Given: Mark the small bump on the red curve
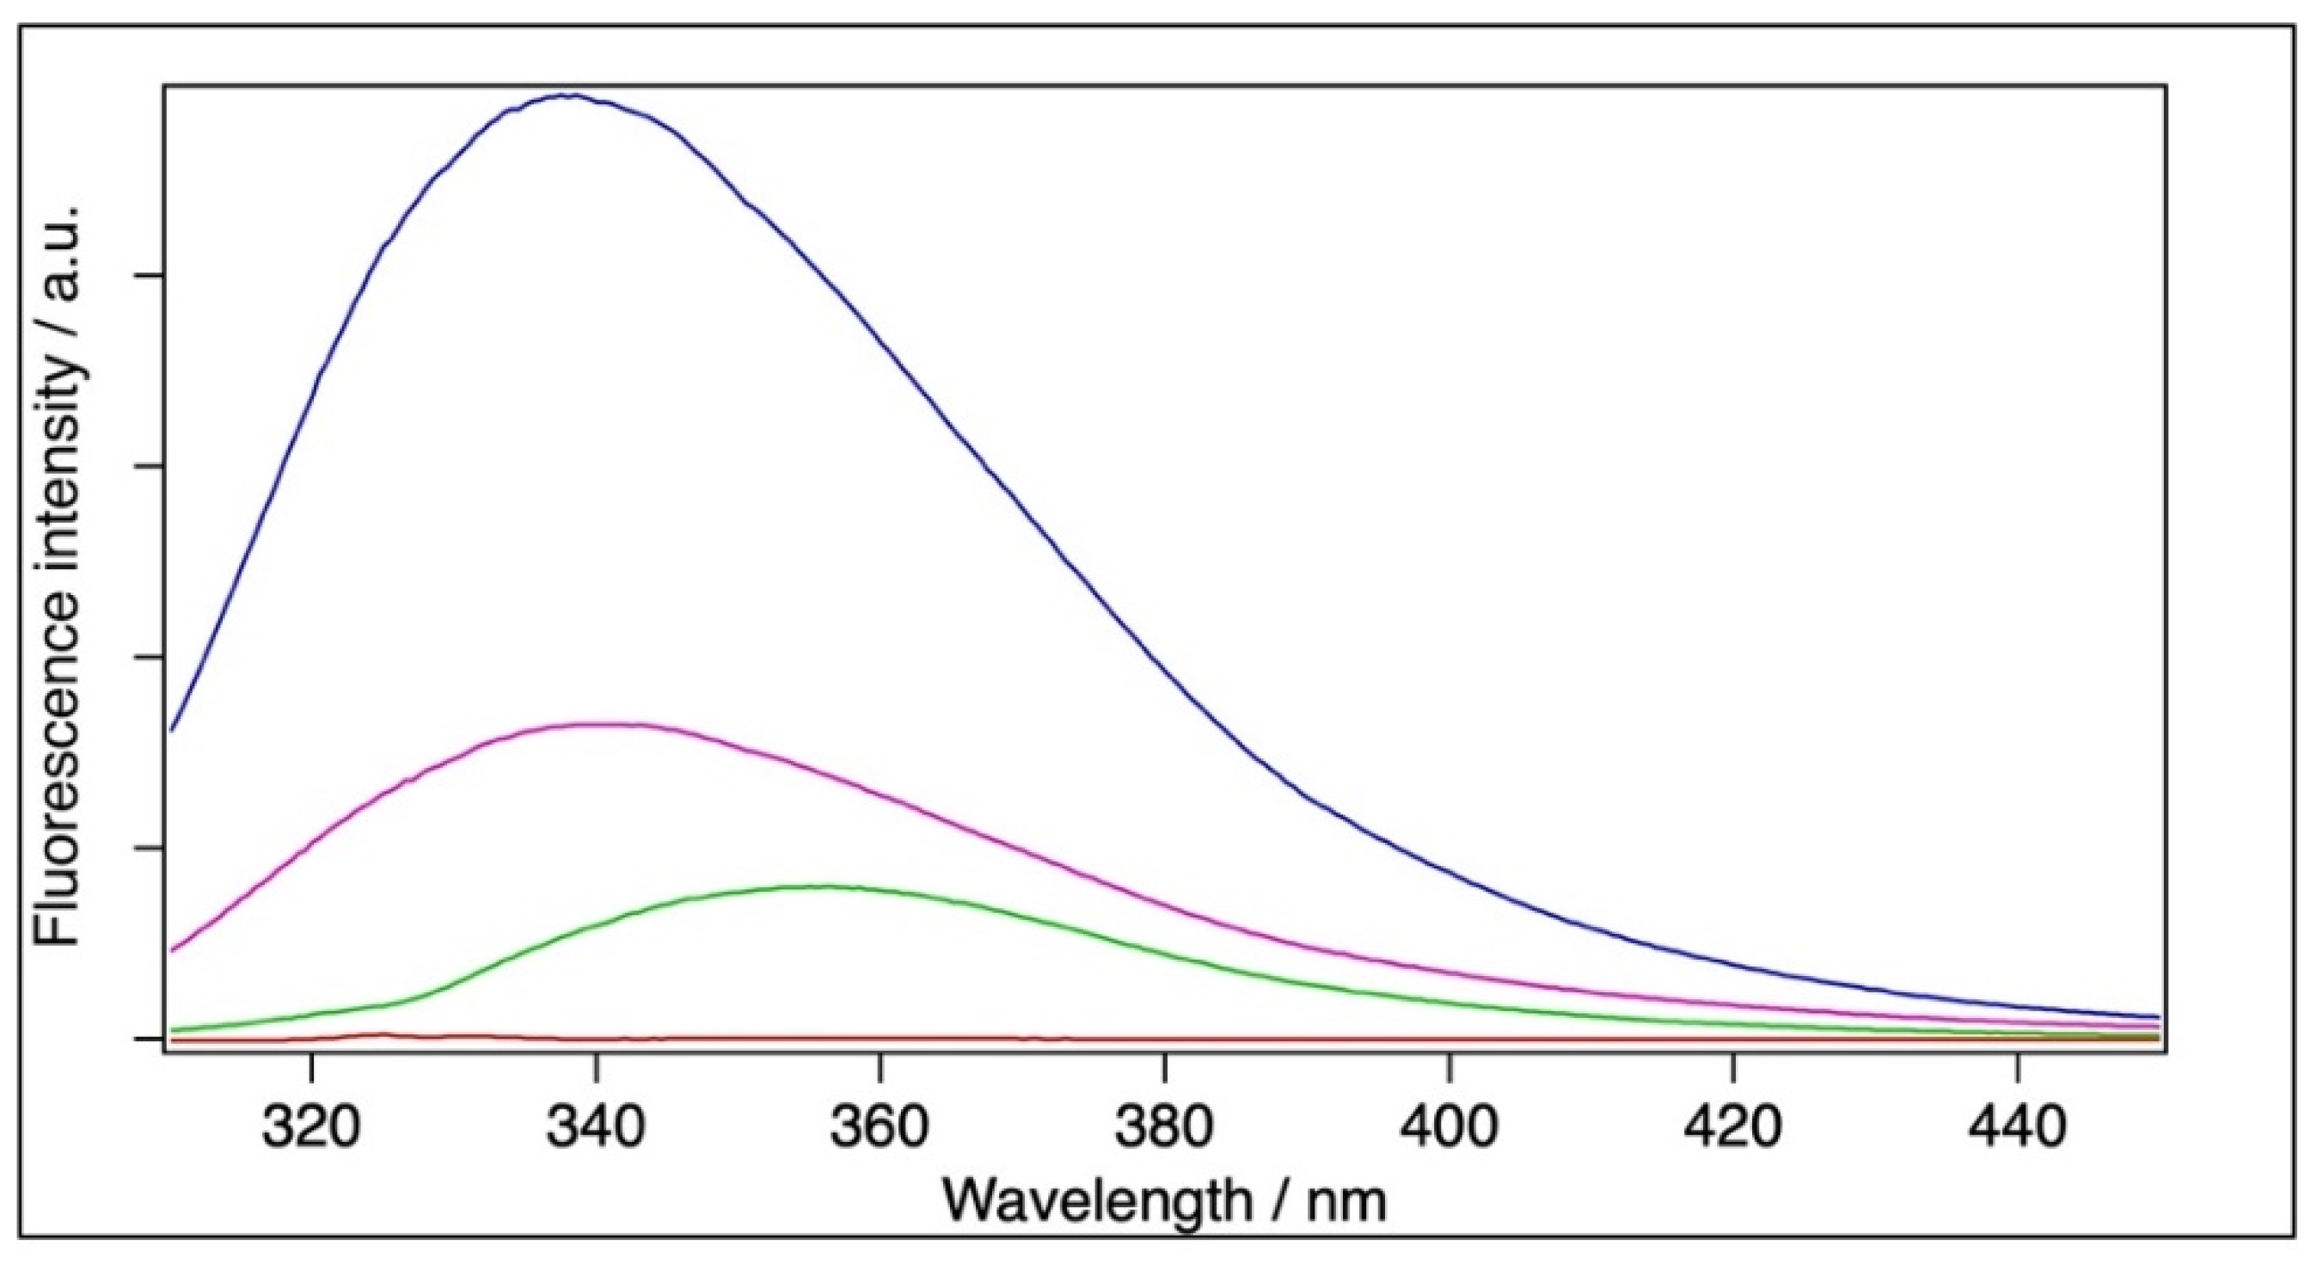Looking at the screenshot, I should (382, 1034).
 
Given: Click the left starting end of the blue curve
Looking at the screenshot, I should (172, 730).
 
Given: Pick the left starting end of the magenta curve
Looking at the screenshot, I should (172, 950).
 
